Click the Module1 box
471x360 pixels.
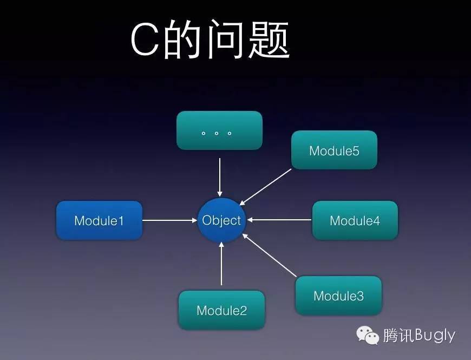(99, 220)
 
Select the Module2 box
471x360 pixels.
(221, 310)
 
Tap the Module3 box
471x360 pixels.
(338, 296)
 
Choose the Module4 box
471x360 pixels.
(355, 220)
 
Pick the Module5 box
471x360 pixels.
(334, 150)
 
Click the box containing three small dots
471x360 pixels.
(219, 130)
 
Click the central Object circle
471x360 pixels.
(221, 220)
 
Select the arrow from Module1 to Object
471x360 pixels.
(169, 220)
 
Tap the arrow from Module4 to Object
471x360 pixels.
(279, 220)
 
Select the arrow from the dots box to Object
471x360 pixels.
(219, 176)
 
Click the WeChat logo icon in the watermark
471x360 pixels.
(368, 336)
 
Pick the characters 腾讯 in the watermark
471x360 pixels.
(398, 336)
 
